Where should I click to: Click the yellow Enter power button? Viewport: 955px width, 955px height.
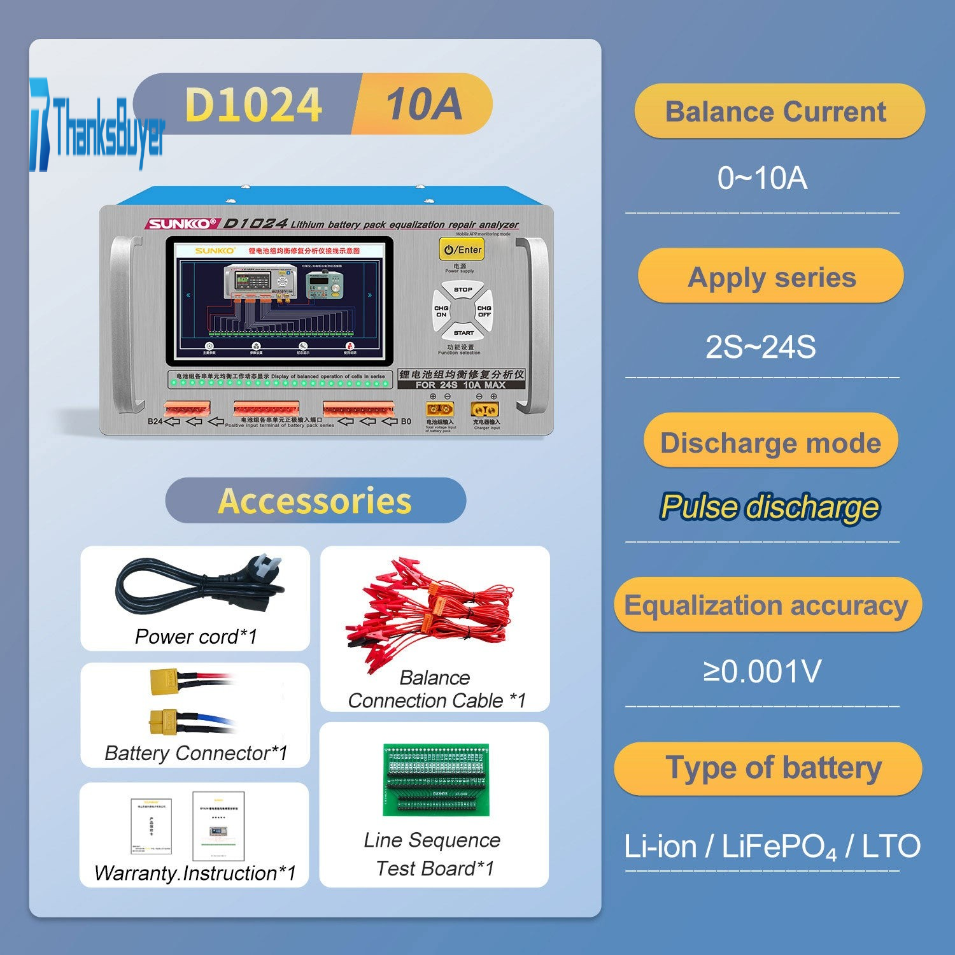462,249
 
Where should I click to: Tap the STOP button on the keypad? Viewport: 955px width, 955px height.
463,290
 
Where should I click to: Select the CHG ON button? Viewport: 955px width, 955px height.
441,311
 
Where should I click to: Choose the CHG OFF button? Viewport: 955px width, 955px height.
485,311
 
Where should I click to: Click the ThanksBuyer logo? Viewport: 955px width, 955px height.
97,125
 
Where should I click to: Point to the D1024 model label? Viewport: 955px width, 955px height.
253,104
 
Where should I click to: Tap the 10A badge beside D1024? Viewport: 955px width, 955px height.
424,104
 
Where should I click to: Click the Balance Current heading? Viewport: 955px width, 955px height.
775,112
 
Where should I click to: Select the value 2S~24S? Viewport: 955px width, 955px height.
761,348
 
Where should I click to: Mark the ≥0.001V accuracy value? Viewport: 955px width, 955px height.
762,671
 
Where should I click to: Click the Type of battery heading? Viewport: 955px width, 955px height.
773,768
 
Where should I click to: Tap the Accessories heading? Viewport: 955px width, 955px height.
315,501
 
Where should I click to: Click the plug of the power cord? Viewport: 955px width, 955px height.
267,569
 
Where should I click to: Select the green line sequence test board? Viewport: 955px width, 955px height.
436,779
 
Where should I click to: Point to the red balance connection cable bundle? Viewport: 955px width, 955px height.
433,611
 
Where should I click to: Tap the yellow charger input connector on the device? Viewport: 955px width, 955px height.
485,409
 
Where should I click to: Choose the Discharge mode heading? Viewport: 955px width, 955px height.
770,442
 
